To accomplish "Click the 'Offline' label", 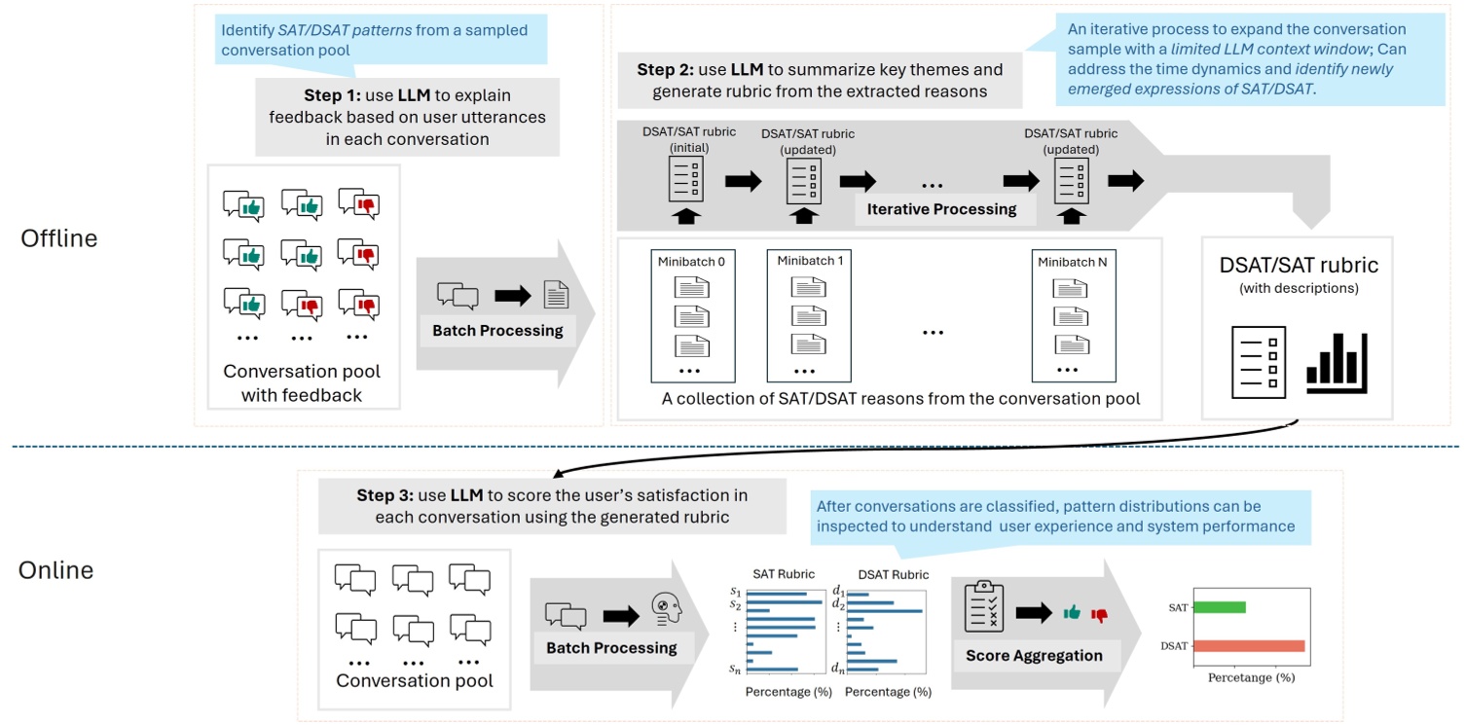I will point(59,237).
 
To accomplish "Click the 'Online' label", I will point(56,569).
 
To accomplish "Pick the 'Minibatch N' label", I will point(1071,262).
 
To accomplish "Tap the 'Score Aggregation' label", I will point(1034,655).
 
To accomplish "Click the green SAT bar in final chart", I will point(1219,607).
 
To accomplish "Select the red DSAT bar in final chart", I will point(1248,645).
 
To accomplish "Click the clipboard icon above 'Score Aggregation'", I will point(983,607).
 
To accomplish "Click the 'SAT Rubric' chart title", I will point(784,574).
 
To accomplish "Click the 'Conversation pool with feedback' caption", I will point(302,383).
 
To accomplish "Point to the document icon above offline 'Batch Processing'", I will point(555,294).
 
